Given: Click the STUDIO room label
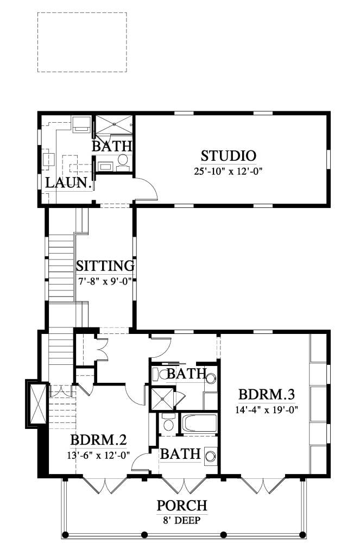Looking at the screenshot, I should click(x=228, y=156).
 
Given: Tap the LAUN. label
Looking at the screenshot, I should click(x=68, y=183).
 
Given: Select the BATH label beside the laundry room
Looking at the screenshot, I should click(x=112, y=146).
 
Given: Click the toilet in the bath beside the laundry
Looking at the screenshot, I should click(x=123, y=160).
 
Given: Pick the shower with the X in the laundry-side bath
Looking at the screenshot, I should click(x=114, y=126).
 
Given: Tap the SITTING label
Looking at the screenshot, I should click(x=105, y=266).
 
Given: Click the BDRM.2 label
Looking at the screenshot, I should click(x=99, y=439).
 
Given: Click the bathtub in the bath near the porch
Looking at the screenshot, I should click(x=198, y=423).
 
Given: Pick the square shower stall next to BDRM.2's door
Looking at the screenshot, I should click(x=162, y=399).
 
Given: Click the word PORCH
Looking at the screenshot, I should click(x=182, y=506).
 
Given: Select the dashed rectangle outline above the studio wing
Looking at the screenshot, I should click(x=82, y=42).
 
